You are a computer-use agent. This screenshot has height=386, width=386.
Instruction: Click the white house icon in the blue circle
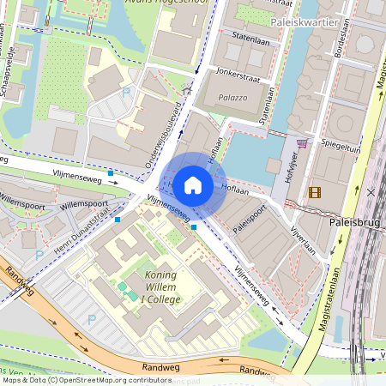click(193, 184)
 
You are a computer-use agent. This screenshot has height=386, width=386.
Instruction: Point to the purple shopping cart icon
click(302, 143)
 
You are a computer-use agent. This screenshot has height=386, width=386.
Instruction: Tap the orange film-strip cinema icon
click(315, 192)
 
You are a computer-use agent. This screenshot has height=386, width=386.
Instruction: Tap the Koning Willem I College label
click(156, 287)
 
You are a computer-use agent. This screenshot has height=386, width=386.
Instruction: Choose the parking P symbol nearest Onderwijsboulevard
click(127, 91)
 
